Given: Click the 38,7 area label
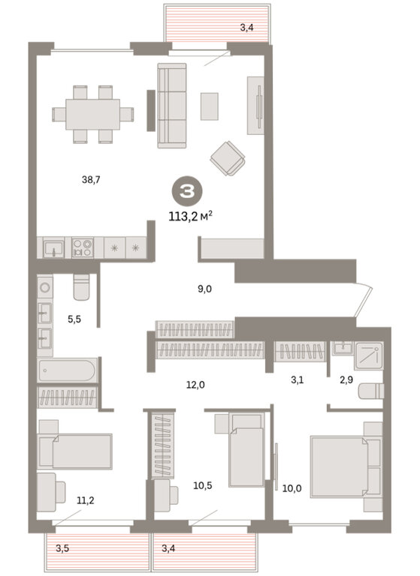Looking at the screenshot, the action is pyautogui.click(x=91, y=180).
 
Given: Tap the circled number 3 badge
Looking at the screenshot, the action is pyautogui.click(x=187, y=191).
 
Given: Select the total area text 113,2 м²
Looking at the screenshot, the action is pyautogui.click(x=191, y=217).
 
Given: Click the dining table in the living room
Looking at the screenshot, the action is pyautogui.click(x=92, y=114).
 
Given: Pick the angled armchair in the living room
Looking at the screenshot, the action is pyautogui.click(x=228, y=158).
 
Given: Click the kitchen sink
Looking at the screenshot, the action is pyautogui.click(x=54, y=247).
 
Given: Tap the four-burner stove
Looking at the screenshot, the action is pyautogui.click(x=83, y=247).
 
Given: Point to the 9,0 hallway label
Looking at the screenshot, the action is pyautogui.click(x=204, y=289).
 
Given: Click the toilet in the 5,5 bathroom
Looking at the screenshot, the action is pyautogui.click(x=81, y=286).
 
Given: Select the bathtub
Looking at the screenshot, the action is pyautogui.click(x=68, y=370).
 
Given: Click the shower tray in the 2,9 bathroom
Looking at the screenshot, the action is pyautogui.click(x=369, y=355).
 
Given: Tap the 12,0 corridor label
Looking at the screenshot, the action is pyautogui.click(x=195, y=385).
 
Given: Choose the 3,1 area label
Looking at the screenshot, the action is pyautogui.click(x=297, y=379).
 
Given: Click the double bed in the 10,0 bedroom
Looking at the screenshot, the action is pyautogui.click(x=339, y=466).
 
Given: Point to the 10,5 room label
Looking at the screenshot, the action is pyautogui.click(x=203, y=486).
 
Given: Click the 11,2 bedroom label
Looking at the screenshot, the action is pyautogui.click(x=86, y=500).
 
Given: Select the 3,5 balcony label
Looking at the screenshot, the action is pyautogui.click(x=62, y=549).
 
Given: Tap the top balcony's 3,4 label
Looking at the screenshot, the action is pyautogui.click(x=246, y=27).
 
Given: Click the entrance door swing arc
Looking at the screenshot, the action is pyautogui.click(x=365, y=299).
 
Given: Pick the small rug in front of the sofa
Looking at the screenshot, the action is pyautogui.click(x=209, y=106).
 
